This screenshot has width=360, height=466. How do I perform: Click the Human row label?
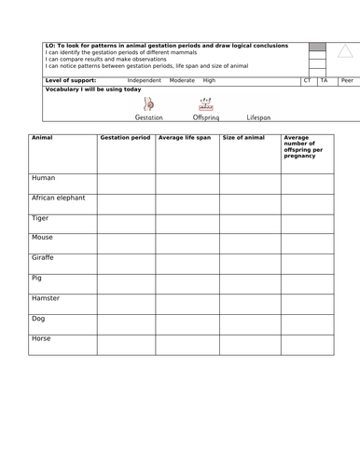pos(44,177)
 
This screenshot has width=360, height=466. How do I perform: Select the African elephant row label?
pos(59,198)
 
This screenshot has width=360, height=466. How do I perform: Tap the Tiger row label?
pos(42,218)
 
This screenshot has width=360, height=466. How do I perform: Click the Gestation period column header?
pos(124,138)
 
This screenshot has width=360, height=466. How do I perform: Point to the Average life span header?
pos(184,138)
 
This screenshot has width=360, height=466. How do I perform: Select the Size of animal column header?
pos(243,138)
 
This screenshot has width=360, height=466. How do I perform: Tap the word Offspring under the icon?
pos(205,118)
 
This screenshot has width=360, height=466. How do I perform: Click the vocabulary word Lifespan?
pos(258,118)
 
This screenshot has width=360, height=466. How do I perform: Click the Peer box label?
pos(346,81)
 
